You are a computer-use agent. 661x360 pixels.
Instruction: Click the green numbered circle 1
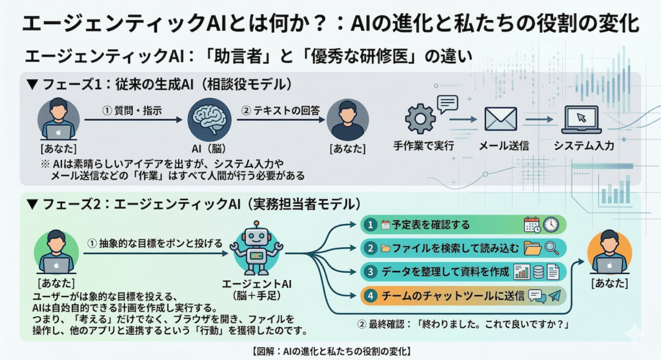[x=369, y=225]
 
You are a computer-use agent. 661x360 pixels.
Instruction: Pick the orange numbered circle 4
[x=369, y=295]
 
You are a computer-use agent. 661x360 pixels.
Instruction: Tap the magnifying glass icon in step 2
[x=552, y=248]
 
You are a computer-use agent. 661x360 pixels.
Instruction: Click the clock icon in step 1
[x=551, y=225]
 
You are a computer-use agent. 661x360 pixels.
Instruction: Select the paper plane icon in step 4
[x=553, y=295]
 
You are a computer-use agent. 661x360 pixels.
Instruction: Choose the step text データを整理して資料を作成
[x=445, y=272]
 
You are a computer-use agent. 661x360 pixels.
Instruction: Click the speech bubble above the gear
[x=446, y=103]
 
